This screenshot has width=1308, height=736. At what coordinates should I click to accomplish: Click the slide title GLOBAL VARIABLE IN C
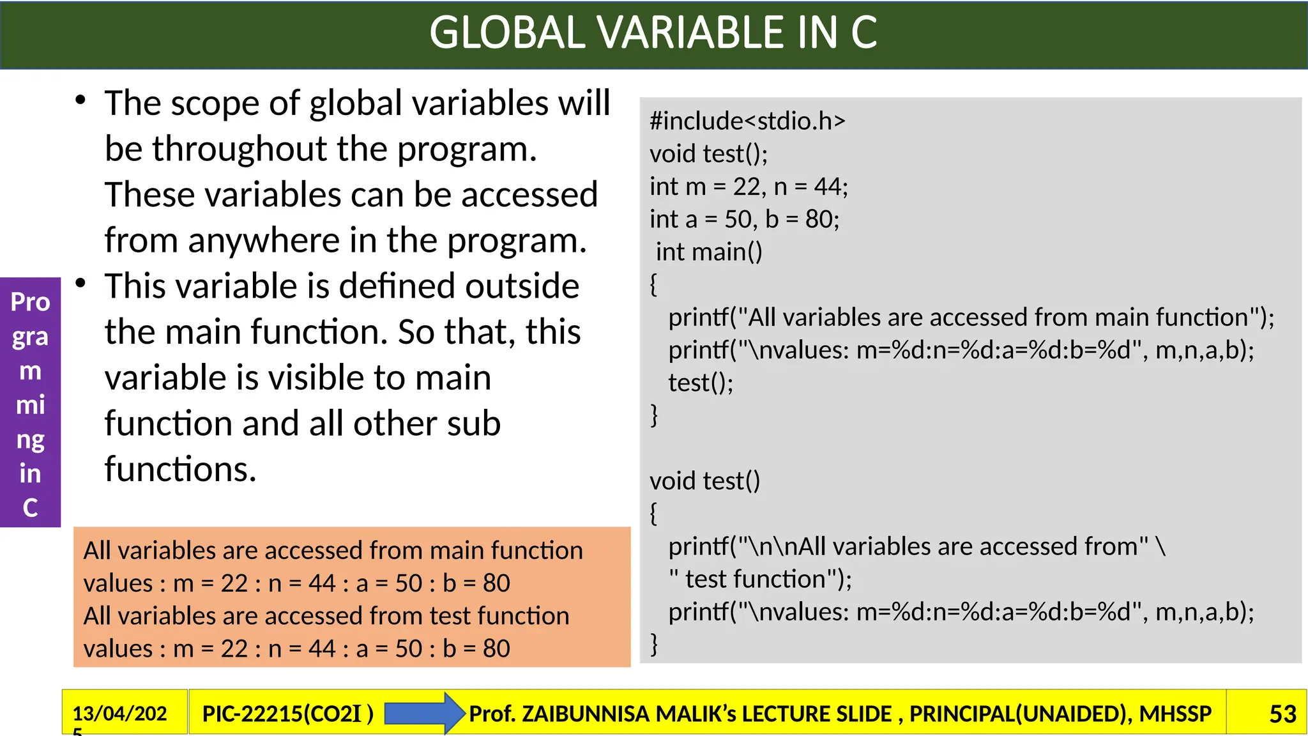pos(653,33)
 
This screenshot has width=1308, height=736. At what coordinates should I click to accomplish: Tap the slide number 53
pos(1282,714)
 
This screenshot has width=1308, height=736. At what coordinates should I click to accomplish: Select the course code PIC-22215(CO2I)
pos(287,714)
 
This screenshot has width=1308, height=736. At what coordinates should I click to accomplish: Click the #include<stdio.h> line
pos(747,121)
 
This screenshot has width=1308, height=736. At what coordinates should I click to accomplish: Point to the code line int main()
pos(709,252)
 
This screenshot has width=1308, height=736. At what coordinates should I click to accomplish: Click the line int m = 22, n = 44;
pos(749,187)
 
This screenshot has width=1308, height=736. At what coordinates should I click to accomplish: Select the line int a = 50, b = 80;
pos(744,219)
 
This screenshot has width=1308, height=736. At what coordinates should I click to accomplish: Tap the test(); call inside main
pos(701,383)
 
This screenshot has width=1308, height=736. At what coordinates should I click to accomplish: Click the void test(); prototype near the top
pos(708,154)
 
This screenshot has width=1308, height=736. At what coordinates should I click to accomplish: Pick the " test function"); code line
pos(760,579)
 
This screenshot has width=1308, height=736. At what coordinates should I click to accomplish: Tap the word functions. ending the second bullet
pos(180,470)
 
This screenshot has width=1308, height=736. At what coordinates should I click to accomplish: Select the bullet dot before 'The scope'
pos(80,100)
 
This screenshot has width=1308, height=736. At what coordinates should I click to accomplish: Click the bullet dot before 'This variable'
pos(80,283)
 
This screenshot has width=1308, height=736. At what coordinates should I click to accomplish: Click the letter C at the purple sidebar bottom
pos(30,508)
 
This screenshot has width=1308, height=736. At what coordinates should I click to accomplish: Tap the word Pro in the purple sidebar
pos(30,302)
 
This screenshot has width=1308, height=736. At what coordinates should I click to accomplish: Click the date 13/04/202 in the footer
pos(119,713)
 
